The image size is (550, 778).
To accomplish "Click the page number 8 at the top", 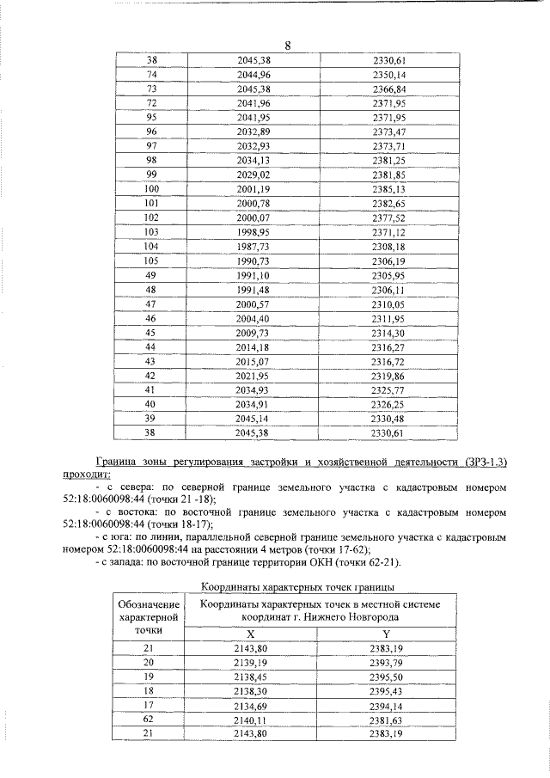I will (x=288, y=46).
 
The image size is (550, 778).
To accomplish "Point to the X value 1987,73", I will (x=253, y=247).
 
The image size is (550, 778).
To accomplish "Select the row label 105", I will (x=151, y=261).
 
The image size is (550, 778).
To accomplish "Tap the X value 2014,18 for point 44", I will (x=253, y=347).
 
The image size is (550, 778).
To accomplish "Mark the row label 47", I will (x=151, y=304).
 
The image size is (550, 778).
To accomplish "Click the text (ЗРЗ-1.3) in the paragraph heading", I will (x=480, y=463).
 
